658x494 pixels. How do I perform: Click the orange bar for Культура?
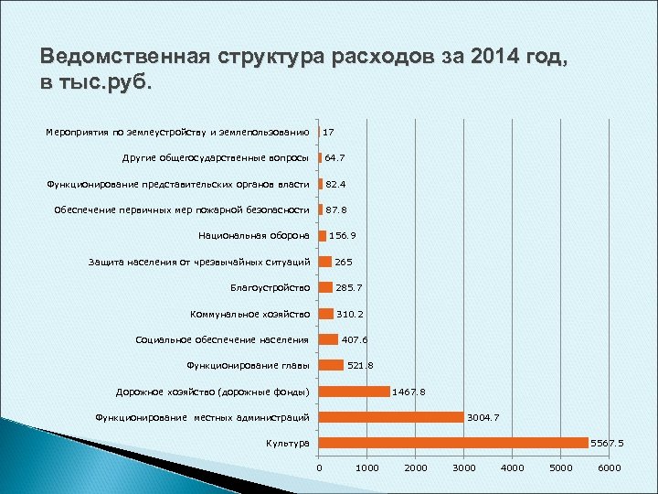coord(453,443)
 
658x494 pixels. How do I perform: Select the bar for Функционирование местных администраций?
coord(391,417)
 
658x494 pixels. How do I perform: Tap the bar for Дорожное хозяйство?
coord(354,392)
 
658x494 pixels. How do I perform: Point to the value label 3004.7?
coord(483,418)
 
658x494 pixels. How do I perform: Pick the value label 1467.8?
coord(409,392)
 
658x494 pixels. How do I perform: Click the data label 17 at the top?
coord(328,133)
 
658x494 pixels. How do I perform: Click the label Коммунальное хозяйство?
coord(249,314)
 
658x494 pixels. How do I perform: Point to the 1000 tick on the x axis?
coord(366,468)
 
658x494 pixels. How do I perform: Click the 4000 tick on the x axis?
coord(513,468)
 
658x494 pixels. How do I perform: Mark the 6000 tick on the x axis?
coord(610,468)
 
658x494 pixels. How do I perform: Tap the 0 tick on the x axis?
coord(319,468)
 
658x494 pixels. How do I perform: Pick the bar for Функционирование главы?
coord(331,366)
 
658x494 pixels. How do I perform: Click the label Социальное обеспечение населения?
coord(222,340)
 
